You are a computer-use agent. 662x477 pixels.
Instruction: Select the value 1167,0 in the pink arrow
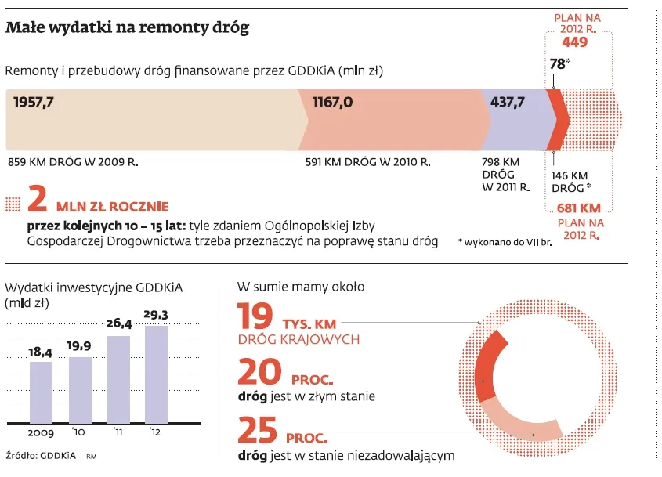coord(332,102)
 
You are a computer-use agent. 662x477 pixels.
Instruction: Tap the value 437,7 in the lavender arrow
coord(508,102)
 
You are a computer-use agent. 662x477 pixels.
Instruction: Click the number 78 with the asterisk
coord(557,64)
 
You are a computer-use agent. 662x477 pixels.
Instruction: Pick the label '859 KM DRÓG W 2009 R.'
coord(73,163)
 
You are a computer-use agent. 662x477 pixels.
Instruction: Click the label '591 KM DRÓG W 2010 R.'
coord(367,163)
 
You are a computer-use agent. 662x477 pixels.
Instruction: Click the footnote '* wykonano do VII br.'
coord(505,244)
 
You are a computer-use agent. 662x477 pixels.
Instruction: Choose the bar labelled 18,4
coord(41,392)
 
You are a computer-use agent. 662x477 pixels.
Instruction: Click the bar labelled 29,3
coord(157,374)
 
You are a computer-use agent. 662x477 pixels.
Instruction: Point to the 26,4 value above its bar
coord(118,323)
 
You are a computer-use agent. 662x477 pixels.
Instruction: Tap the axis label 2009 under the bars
coord(41,432)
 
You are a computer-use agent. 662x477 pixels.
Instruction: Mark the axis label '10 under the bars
coord(80,432)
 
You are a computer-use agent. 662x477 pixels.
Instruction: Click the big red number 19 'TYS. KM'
coord(255,318)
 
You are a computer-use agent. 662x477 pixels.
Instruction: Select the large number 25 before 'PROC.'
coord(255,431)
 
